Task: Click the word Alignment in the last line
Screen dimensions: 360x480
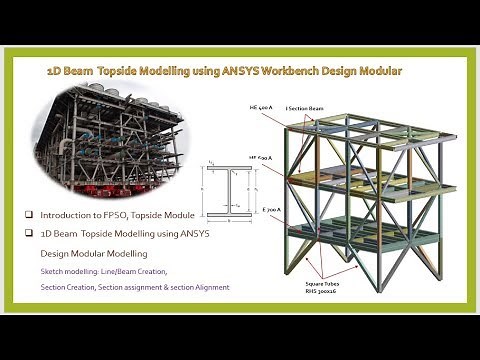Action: pyautogui.click(x=209, y=287)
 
